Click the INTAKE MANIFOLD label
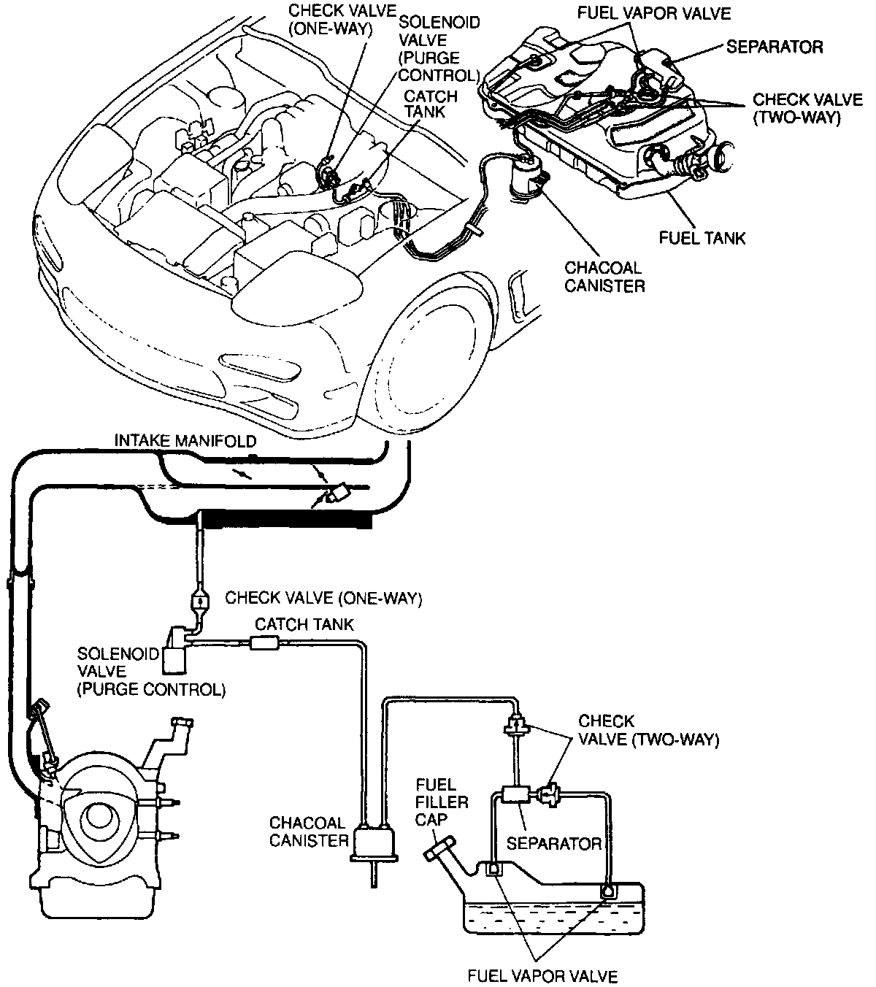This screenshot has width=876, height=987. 185,441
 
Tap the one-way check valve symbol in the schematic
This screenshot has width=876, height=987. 197,601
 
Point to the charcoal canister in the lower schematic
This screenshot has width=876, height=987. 374,842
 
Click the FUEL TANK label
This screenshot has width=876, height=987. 702,239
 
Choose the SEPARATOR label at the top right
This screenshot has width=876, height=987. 775,47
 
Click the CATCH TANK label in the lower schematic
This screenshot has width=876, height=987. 304,625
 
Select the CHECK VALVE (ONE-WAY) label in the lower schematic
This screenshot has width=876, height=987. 323,599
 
